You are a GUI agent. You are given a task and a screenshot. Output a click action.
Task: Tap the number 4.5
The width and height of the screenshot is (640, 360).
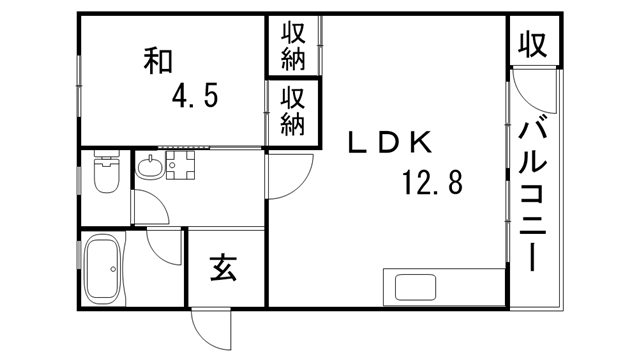(195, 98)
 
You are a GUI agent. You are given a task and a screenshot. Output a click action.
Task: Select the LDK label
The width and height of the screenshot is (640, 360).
(389, 143)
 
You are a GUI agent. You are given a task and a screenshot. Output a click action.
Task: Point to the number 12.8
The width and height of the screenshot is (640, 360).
(432, 183)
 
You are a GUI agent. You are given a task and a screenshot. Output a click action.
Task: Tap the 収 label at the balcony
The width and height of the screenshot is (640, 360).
(533, 43)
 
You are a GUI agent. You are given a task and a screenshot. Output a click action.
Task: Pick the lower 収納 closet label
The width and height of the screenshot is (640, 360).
(292, 110)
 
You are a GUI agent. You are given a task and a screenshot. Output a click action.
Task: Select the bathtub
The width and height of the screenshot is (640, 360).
(103, 270)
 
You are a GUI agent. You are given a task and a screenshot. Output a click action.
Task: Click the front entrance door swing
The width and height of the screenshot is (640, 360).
(212, 328)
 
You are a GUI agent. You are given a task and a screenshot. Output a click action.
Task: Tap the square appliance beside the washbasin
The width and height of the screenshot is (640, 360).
(184, 166)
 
